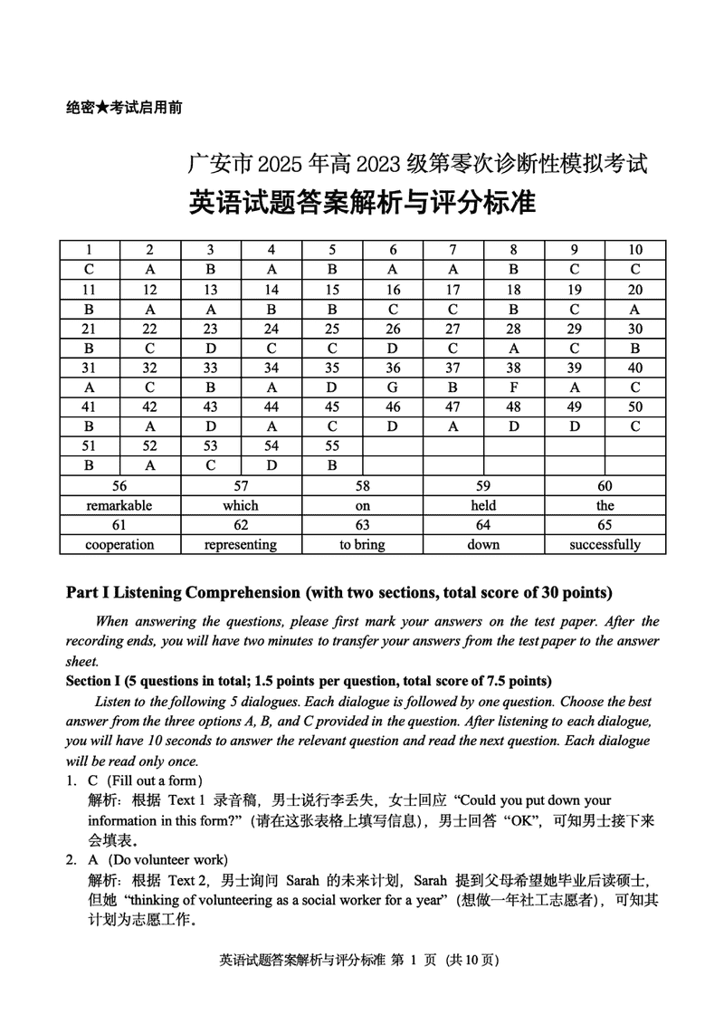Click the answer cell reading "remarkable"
pos(119,505)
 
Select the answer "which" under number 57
pos(241,505)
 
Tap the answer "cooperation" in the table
pos(119,545)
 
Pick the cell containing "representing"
pos(241,545)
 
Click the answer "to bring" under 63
pos(362,545)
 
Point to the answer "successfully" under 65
pos(605,545)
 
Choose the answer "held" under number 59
pos(483,505)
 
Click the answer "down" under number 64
pos(483,545)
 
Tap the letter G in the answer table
pos(393,388)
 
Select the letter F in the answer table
pos(513,388)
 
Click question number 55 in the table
pos(332,446)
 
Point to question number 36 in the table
pos(393,368)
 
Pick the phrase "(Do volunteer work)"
pos(167,859)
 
